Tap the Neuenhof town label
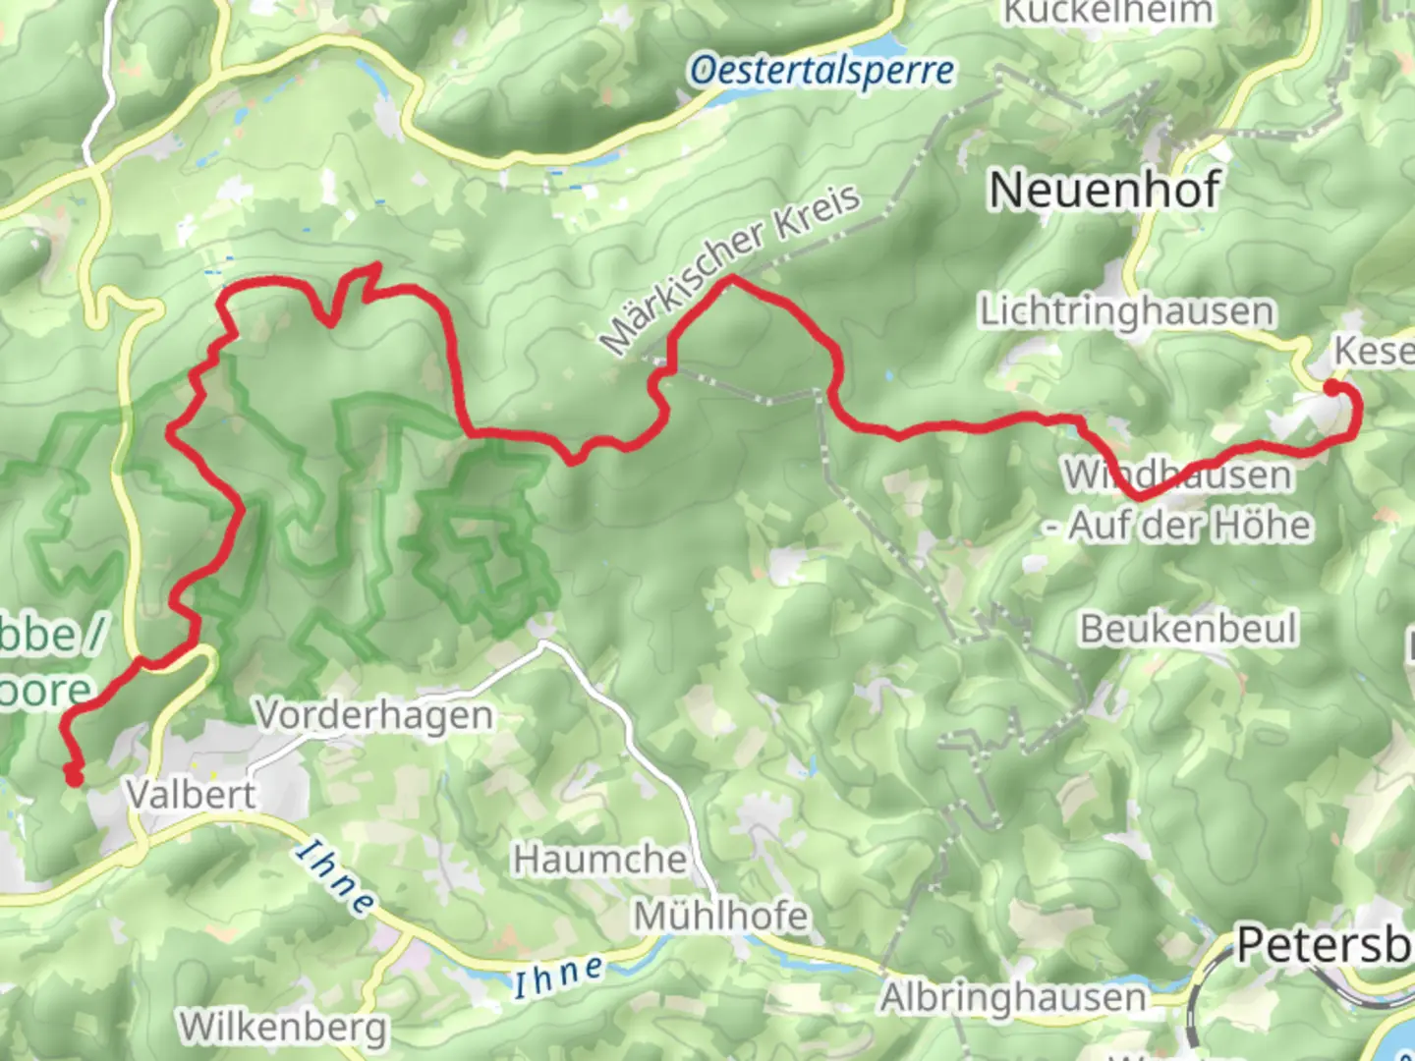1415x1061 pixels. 1104,190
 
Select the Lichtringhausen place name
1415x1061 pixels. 1126,311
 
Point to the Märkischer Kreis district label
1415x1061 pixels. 732,268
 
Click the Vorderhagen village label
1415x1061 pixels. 374,715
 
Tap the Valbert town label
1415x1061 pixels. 191,794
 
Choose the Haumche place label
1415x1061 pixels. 599,860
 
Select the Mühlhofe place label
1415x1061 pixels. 721,916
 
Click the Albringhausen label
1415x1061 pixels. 1012,998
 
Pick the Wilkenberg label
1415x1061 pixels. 283,1028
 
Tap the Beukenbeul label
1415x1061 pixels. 1189,629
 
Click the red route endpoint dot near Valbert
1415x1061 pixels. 74,778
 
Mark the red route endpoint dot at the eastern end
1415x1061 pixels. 1331,388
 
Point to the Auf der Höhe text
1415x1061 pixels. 1189,526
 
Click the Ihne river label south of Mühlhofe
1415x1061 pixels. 558,976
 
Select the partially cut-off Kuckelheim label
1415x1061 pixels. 1107,12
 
